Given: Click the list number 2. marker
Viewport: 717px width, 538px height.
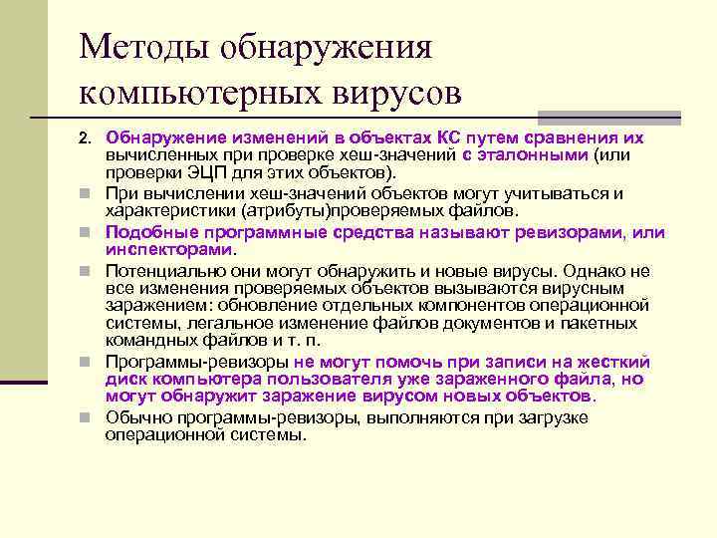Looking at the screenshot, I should pos(85,137).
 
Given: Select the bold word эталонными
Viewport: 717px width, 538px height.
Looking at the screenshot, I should pos(539,155).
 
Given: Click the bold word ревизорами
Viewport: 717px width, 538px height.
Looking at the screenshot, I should pos(580,232).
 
